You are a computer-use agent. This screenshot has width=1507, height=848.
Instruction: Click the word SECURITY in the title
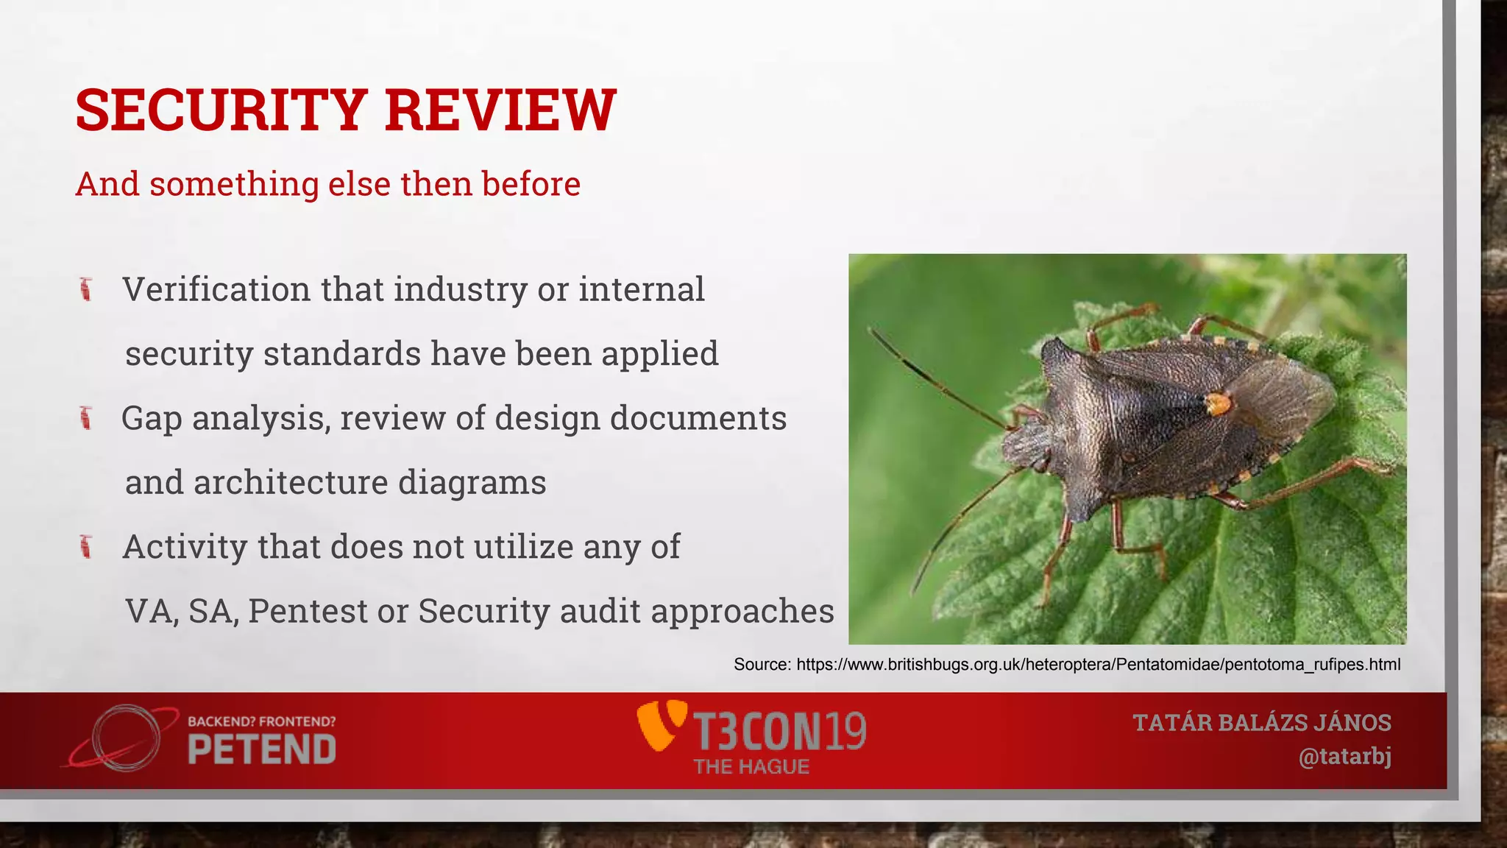click(x=221, y=110)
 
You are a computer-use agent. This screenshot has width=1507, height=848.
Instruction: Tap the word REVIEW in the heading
click(x=500, y=110)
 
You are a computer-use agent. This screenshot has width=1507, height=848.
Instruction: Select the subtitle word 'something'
click(x=234, y=184)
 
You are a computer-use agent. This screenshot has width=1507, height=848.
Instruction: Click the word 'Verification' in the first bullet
click(x=216, y=289)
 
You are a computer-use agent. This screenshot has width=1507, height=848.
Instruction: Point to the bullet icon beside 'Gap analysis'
click(x=86, y=418)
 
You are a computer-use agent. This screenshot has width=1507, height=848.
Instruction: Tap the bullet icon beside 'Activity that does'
click(x=86, y=547)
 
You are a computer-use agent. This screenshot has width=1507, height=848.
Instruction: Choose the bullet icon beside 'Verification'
click(x=86, y=289)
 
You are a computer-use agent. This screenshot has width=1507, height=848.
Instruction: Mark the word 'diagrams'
click(x=472, y=483)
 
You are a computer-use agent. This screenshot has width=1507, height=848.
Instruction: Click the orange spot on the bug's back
click(x=1218, y=403)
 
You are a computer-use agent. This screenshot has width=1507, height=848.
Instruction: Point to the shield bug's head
click(x=1026, y=446)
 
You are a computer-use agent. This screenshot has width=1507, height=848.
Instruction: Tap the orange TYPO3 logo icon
click(x=661, y=725)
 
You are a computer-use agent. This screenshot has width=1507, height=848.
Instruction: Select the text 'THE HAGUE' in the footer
click(x=751, y=767)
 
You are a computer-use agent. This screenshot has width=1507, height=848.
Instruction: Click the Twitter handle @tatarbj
click(x=1344, y=757)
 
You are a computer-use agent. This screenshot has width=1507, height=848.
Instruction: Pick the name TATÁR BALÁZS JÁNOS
click(x=1262, y=723)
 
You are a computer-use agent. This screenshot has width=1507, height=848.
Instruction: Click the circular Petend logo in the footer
click(x=125, y=738)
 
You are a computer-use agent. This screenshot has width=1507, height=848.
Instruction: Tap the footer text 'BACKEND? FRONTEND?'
click(x=262, y=721)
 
